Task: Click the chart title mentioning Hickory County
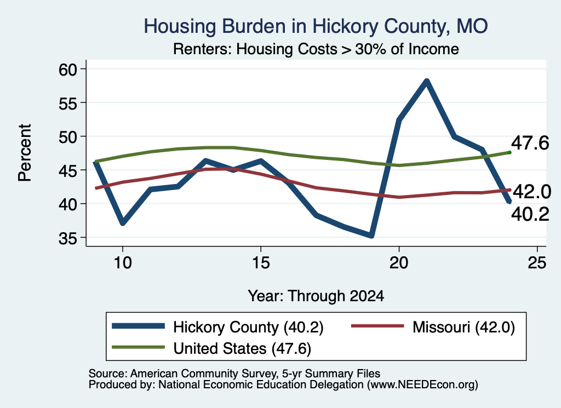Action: pos(316,26)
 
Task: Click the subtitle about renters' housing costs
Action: pos(316,49)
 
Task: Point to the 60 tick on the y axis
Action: pos(68,70)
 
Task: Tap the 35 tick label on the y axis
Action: pos(68,238)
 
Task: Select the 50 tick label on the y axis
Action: pos(68,136)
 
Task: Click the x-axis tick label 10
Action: pos(123,263)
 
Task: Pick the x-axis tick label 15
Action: pos(261,263)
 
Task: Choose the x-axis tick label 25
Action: pos(537,263)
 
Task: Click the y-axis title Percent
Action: pos(25,153)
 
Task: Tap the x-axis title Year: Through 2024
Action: pos(316,296)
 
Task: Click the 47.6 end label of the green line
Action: pos(530,143)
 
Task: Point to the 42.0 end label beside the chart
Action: pos(531,192)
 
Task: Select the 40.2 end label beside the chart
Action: pos(530,215)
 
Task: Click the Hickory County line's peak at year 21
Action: pos(426,81)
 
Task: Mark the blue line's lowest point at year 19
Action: pos(371,235)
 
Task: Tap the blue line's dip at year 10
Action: pos(123,223)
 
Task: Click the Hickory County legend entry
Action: pos(217,327)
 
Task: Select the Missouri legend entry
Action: pos(433,327)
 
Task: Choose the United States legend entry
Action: pos(211,348)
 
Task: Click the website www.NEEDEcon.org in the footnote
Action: pos(422,385)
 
